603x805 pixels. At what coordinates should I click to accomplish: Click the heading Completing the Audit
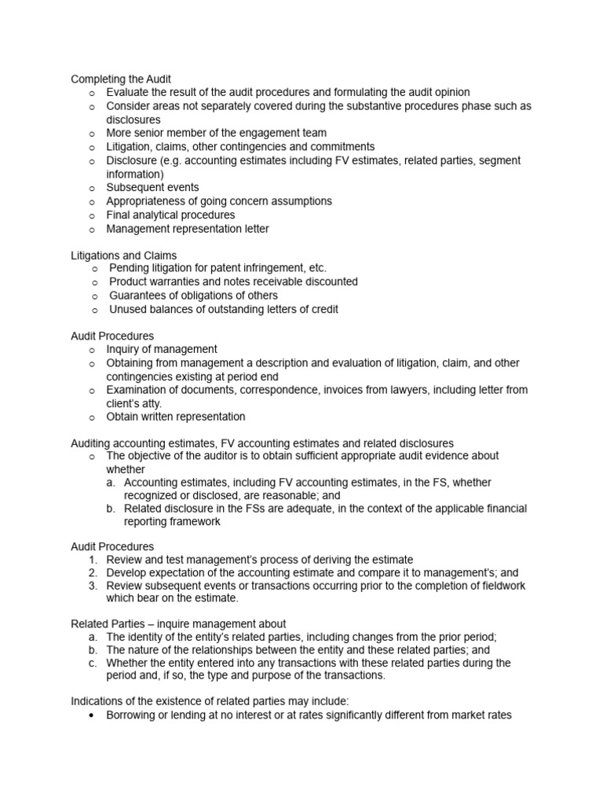pyautogui.click(x=121, y=79)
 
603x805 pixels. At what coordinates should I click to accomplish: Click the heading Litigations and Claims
pyautogui.click(x=123, y=255)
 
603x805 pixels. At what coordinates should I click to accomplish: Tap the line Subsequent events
pyautogui.click(x=152, y=187)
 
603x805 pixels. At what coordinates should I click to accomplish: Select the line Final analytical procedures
pyautogui.click(x=170, y=215)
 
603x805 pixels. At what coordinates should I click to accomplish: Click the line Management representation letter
pyautogui.click(x=187, y=229)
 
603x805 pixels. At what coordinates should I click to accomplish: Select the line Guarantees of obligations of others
pyautogui.click(x=193, y=296)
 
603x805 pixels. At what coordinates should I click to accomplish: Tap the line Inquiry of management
pyautogui.click(x=162, y=349)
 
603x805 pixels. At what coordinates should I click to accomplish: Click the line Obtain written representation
pyautogui.click(x=176, y=417)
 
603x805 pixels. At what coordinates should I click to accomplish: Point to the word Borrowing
pyautogui.click(x=132, y=716)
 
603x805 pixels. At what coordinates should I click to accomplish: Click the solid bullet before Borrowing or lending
pyautogui.click(x=93, y=716)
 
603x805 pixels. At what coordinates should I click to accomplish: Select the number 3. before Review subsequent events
pyautogui.click(x=93, y=586)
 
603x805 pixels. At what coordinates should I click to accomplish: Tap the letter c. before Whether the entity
pyautogui.click(x=93, y=663)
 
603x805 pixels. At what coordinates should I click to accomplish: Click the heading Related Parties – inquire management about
pyautogui.click(x=178, y=623)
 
